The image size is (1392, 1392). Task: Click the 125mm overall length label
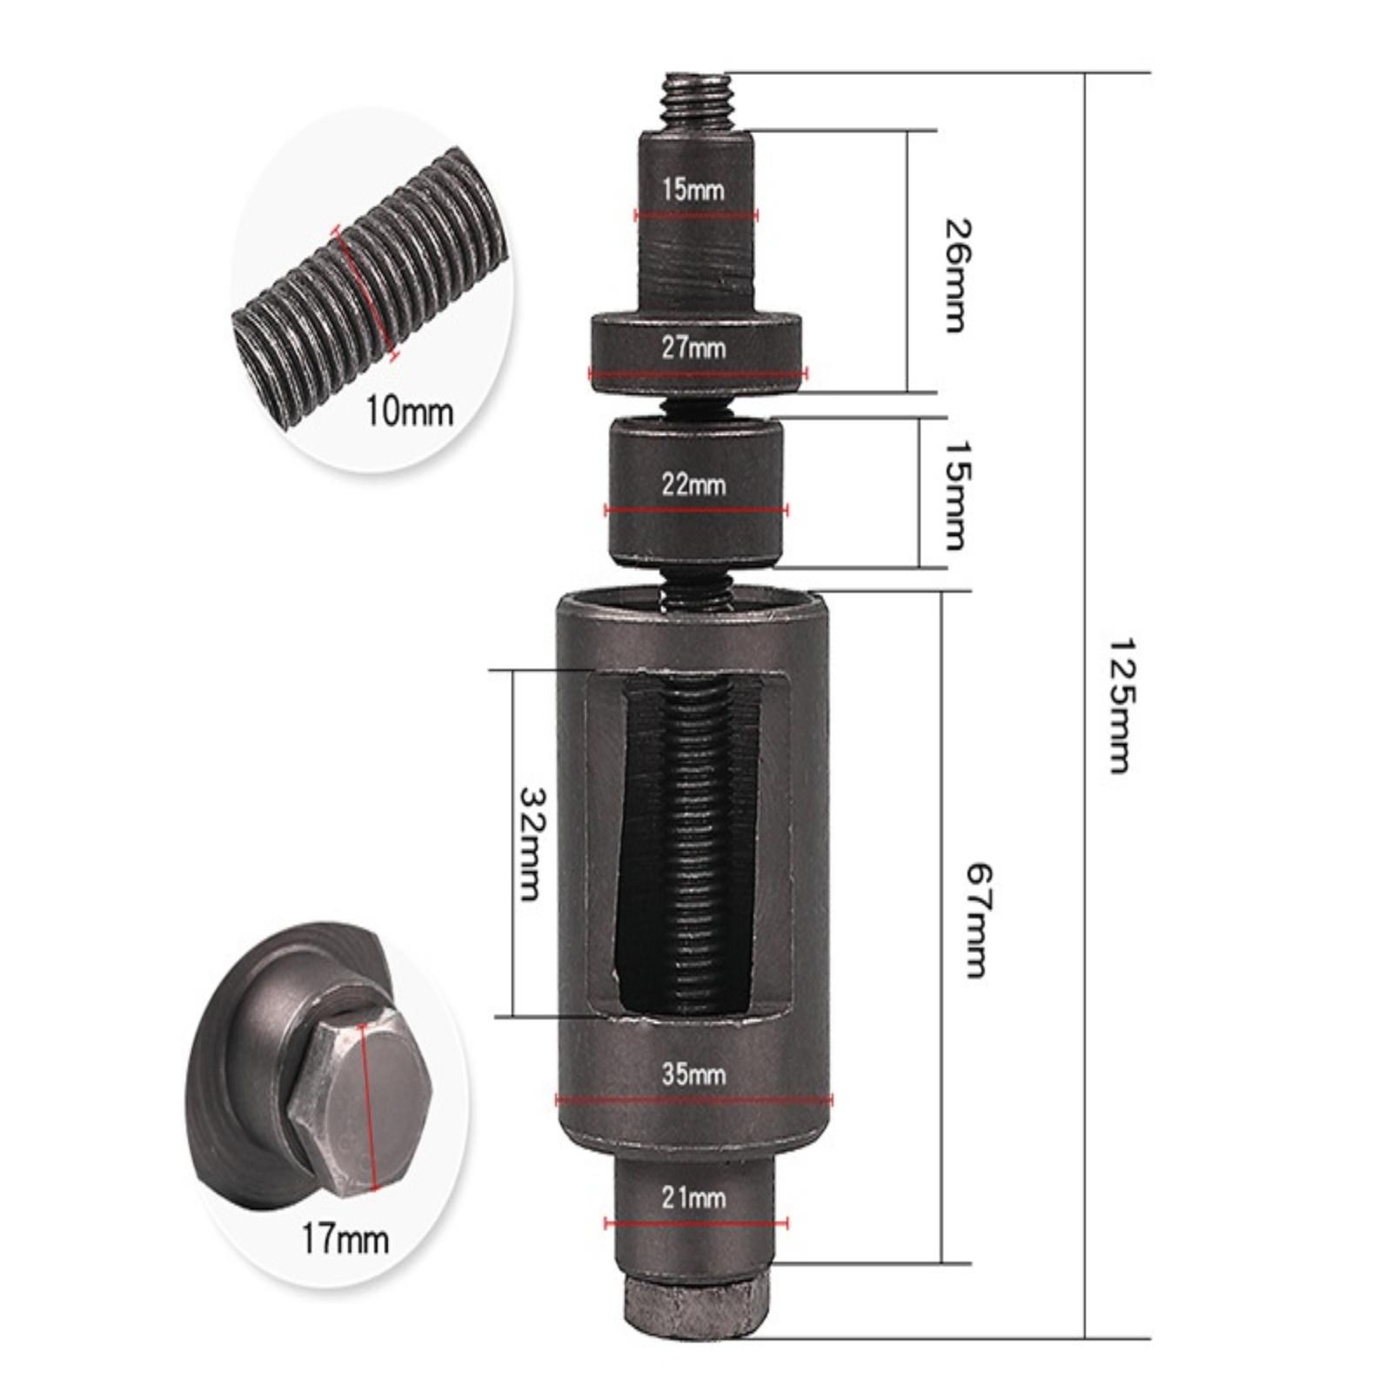tap(1120, 706)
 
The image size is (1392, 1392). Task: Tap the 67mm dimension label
tap(978, 920)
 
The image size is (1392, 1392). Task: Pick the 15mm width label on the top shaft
tap(693, 188)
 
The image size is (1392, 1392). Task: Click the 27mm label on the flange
tap(693, 348)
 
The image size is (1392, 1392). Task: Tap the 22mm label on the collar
tap(693, 484)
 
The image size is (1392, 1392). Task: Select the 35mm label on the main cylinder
tap(693, 1074)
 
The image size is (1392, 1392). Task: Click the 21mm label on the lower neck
tap(693, 1198)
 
